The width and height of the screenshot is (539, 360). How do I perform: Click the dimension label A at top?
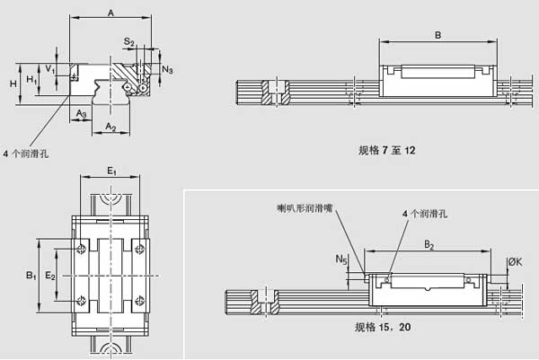click(x=110, y=13)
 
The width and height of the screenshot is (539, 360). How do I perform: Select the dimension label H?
click(x=13, y=83)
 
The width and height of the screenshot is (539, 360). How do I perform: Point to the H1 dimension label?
click(x=31, y=80)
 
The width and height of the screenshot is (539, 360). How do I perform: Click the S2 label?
click(x=129, y=42)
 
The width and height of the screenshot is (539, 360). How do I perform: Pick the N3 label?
click(x=168, y=69)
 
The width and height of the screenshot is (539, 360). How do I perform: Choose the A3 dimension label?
click(x=82, y=114)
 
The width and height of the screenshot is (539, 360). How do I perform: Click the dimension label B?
click(x=437, y=35)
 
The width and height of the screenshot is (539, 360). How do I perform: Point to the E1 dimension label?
click(x=110, y=171)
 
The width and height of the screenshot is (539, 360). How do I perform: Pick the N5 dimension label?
click(x=341, y=259)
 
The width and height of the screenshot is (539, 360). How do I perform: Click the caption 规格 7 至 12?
click(x=387, y=151)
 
